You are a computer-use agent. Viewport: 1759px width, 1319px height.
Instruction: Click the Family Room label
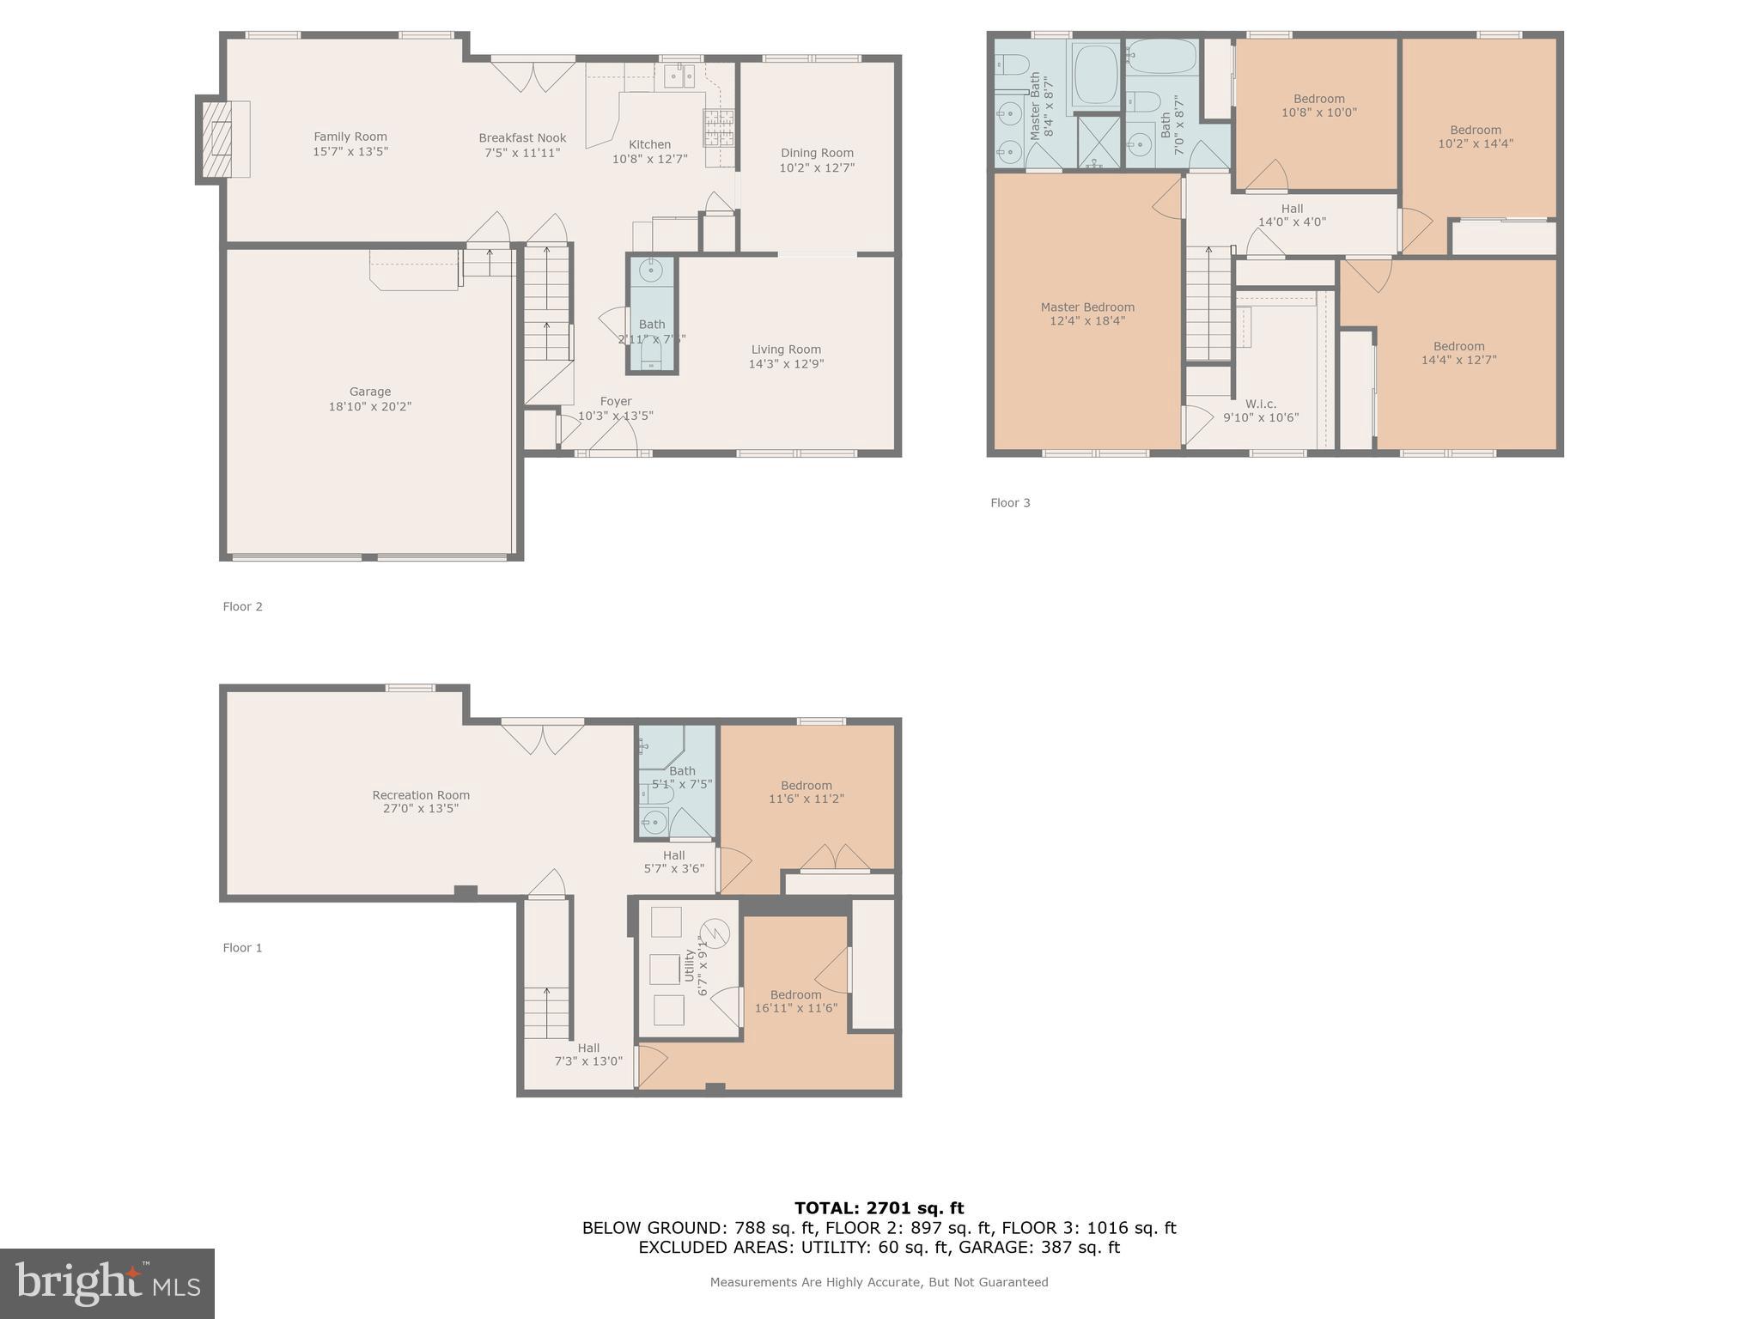click(x=350, y=137)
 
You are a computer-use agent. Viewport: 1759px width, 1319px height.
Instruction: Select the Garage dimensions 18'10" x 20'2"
click(x=370, y=406)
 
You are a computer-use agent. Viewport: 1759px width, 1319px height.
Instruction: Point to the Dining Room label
click(x=817, y=153)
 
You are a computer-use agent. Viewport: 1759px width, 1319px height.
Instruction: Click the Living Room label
click(x=786, y=350)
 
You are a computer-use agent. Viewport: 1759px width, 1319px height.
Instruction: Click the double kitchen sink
click(x=679, y=76)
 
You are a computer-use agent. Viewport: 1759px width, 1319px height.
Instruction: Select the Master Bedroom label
click(x=1087, y=307)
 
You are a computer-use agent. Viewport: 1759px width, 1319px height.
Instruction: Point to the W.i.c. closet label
click(x=1261, y=404)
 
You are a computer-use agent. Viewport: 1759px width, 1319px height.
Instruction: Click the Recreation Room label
click(x=421, y=795)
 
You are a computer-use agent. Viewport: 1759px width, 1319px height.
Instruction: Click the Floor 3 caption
click(x=1010, y=503)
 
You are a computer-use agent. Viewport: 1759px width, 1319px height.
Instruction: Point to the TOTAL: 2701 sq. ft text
click(x=879, y=1208)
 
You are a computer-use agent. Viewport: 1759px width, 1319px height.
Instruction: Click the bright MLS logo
click(x=107, y=1283)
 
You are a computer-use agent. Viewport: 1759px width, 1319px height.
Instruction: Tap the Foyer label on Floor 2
click(x=616, y=401)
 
